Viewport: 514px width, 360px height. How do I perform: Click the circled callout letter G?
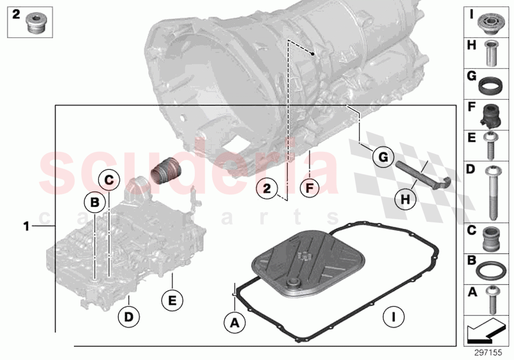383,157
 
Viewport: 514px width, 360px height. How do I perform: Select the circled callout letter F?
310,188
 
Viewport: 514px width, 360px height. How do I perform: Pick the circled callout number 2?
267,188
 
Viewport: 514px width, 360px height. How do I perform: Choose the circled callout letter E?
172,299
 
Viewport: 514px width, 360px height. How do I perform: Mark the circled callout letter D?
128,317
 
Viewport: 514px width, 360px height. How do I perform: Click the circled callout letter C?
109,180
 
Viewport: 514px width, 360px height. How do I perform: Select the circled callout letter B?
94,202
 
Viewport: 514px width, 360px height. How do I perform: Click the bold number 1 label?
27,226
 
